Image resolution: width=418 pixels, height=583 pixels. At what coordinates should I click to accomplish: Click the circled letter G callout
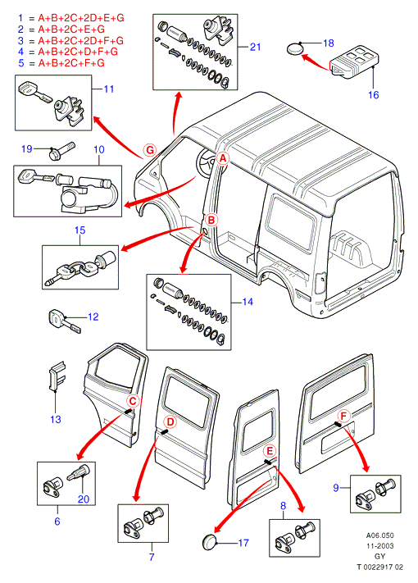pyautogui.click(x=150, y=151)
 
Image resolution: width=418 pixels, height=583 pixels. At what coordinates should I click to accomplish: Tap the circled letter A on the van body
pyautogui.click(x=223, y=158)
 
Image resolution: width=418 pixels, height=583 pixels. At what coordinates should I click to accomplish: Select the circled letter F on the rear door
pyautogui.click(x=343, y=416)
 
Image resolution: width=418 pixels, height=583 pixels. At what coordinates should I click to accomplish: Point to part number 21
pyautogui.click(x=255, y=47)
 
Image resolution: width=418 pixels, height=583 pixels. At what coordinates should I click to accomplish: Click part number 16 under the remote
pyautogui.click(x=374, y=95)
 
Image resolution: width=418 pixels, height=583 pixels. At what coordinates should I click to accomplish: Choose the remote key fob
pyautogui.click(x=354, y=62)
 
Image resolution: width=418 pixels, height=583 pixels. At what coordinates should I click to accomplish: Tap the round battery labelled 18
pyautogui.click(x=295, y=49)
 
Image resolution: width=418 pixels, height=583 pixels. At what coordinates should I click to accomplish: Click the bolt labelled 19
pyautogui.click(x=61, y=150)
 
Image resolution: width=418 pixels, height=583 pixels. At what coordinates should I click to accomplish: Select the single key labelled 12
pyautogui.click(x=64, y=321)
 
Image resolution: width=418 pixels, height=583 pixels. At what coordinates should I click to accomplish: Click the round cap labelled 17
pyautogui.click(x=210, y=542)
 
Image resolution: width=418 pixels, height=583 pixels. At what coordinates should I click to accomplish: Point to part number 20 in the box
pyautogui.click(x=84, y=499)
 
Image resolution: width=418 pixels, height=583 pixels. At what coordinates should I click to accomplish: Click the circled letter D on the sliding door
pyautogui.click(x=170, y=422)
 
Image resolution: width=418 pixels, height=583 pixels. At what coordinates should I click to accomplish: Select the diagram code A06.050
pyautogui.click(x=379, y=535)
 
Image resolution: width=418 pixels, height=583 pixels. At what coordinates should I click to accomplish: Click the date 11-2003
pyautogui.click(x=379, y=546)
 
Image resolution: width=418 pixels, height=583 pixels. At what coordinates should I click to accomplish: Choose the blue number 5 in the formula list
pyautogui.click(x=21, y=63)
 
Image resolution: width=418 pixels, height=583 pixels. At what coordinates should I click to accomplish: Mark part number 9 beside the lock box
pyautogui.click(x=336, y=487)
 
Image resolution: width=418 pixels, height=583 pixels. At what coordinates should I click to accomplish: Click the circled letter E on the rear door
pyautogui.click(x=270, y=451)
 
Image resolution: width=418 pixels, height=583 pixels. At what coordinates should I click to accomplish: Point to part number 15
pyautogui.click(x=80, y=230)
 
